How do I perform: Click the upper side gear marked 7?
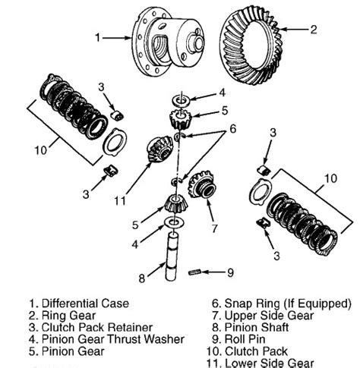pyautogui.click(x=202, y=185)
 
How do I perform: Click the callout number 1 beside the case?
pyautogui.click(x=96, y=36)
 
